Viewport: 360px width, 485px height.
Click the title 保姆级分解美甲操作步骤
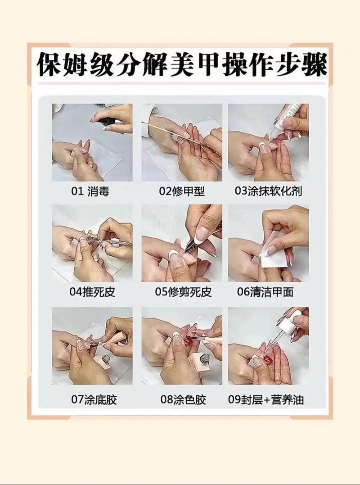click(x=182, y=65)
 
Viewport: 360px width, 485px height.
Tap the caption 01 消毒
click(x=90, y=191)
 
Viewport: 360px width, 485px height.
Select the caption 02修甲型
click(x=182, y=191)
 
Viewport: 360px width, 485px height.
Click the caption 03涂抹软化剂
click(x=268, y=191)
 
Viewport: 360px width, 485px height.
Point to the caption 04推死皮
click(x=92, y=292)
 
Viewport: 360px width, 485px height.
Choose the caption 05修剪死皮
click(x=183, y=292)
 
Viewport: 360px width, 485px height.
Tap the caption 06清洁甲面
click(x=265, y=292)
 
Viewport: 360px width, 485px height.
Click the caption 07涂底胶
click(x=94, y=399)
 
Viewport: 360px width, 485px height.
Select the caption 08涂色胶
click(x=183, y=399)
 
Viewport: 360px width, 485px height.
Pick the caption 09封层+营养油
click(x=266, y=399)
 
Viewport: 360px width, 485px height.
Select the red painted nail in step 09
click(x=268, y=359)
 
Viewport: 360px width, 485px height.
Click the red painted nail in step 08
click(x=188, y=341)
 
